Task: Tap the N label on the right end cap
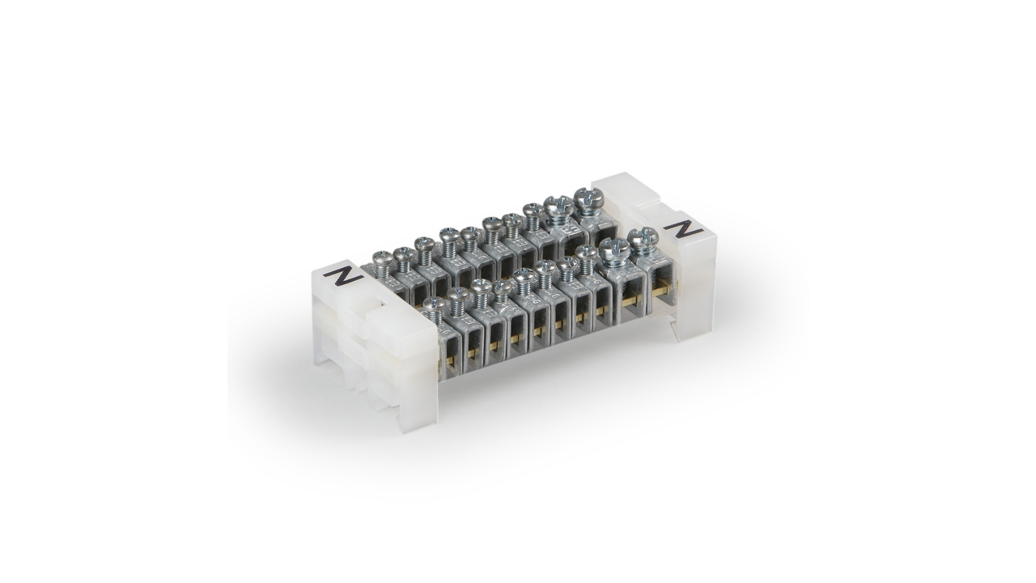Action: (683, 230)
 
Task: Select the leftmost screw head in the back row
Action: (383, 257)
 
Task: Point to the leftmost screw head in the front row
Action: (433, 304)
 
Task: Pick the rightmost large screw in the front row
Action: (643, 237)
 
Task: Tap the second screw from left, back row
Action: (404, 253)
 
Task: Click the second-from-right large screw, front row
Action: (614, 248)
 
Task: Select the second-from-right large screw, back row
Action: (558, 205)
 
